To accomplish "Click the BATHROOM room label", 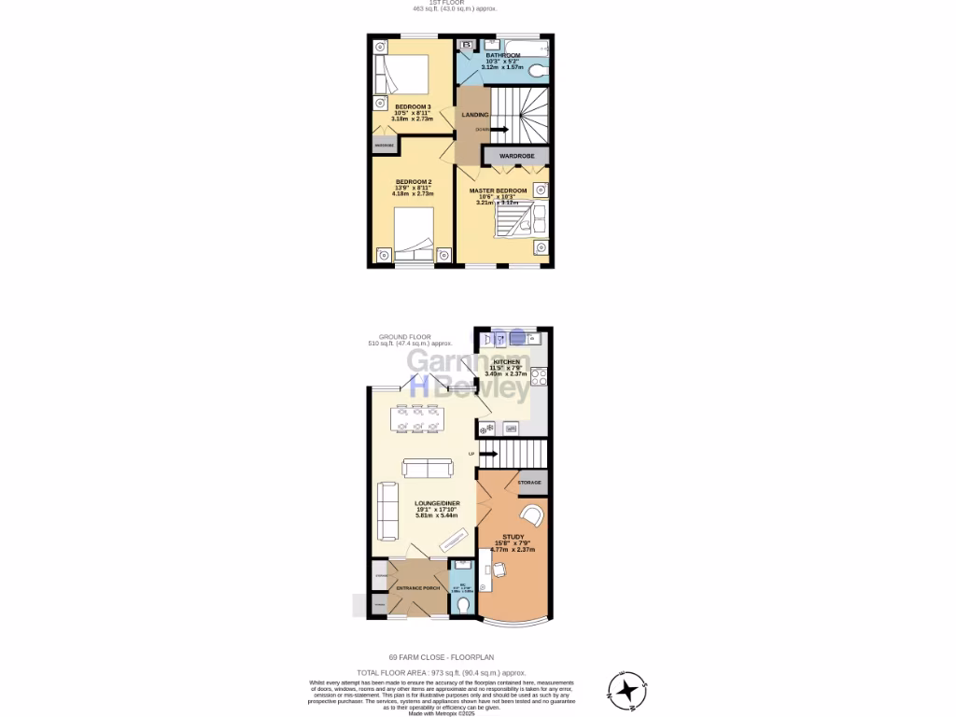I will click(x=502, y=56).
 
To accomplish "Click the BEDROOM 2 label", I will click(x=413, y=182).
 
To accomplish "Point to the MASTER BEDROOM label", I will click(x=498, y=191).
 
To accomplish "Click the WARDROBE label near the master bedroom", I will click(x=515, y=156).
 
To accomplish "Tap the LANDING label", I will click(x=475, y=115).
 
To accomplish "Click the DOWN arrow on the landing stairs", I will click(x=499, y=129).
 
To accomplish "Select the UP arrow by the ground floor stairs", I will click(x=486, y=454).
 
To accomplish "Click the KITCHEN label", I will click(x=507, y=362).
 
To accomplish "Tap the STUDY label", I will click(x=513, y=537).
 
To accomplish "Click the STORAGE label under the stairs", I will click(x=529, y=483).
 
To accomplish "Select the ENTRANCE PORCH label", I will click(x=417, y=588).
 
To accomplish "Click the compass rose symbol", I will click(x=627, y=690).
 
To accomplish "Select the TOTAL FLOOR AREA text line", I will click(x=442, y=672).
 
